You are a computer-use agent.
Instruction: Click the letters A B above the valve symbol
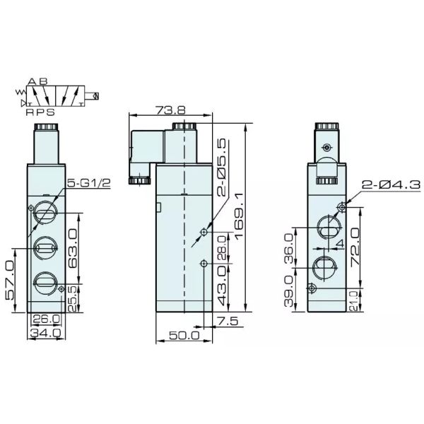[x=39, y=83]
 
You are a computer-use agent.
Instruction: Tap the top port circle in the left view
[x=44, y=213]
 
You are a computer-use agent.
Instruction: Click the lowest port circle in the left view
[x=44, y=281]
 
